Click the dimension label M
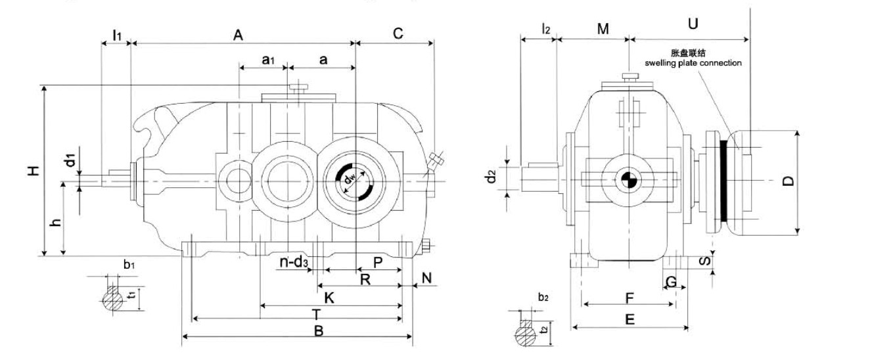coord(603,29)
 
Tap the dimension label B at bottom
coord(319,330)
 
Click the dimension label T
coord(316,313)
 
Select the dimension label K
coord(330,298)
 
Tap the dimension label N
coord(426,278)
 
